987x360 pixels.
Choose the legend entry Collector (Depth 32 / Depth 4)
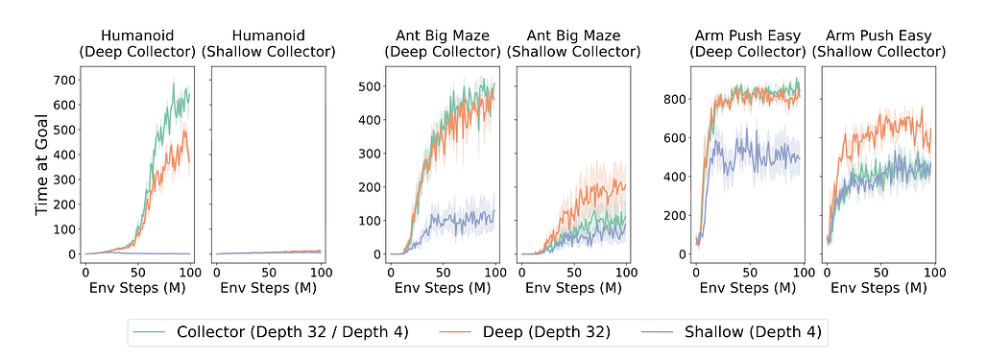click(293, 332)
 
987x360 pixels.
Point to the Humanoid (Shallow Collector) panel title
click(270, 43)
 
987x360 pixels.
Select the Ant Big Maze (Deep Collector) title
click(443, 43)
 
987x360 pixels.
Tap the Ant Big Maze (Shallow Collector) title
click(575, 43)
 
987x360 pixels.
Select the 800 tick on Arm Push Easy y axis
click(674, 99)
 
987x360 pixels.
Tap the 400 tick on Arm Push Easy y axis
click(674, 177)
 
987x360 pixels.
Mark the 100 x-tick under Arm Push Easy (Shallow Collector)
click(931, 272)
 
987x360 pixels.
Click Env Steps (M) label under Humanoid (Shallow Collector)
click(270, 287)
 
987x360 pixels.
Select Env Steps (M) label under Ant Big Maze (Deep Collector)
click(443, 287)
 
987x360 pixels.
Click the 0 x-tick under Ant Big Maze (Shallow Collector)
click(523, 272)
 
